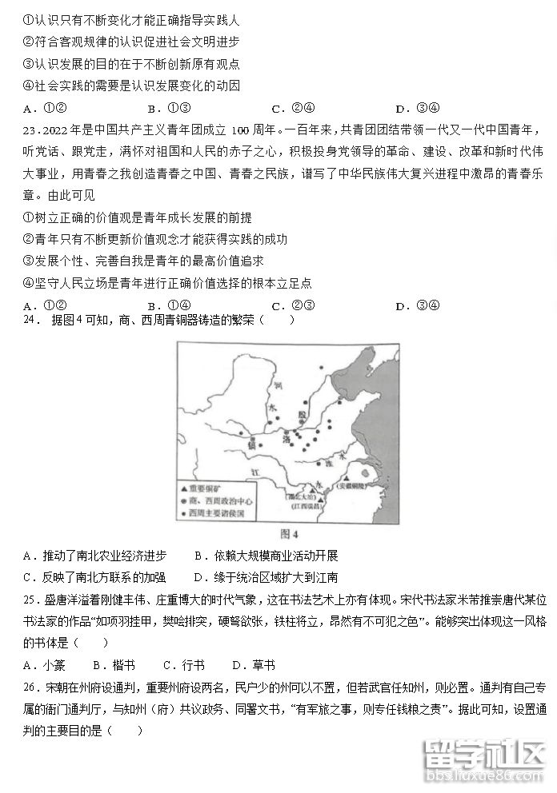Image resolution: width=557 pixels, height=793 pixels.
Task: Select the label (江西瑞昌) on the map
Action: point(303,506)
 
